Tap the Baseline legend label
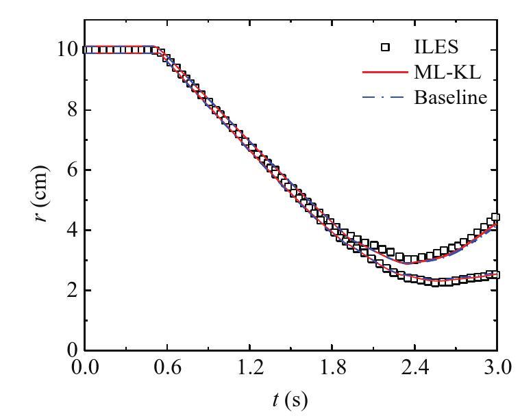pyautogui.click(x=450, y=97)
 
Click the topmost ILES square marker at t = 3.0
pyautogui.click(x=495, y=218)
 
